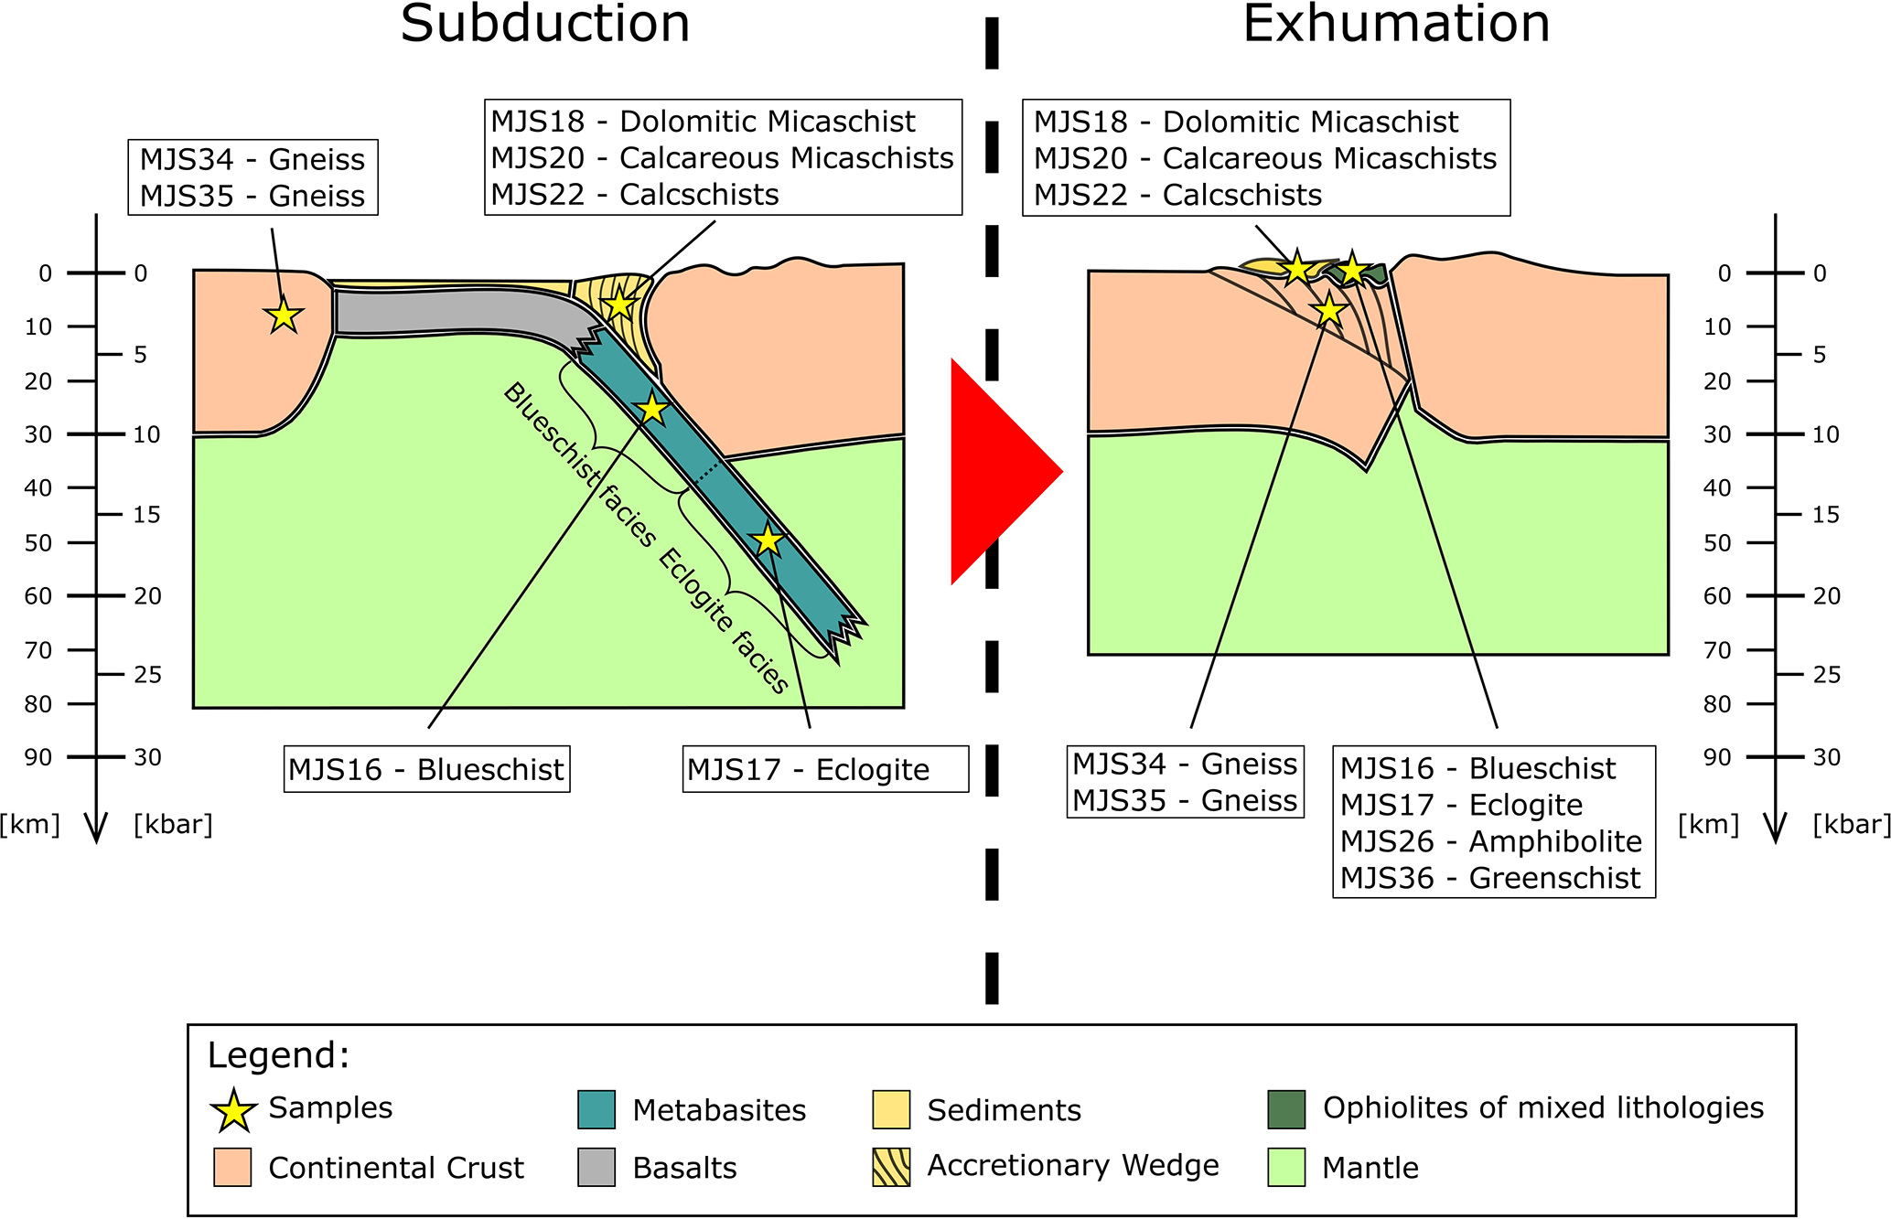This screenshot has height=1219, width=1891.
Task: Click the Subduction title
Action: tap(545, 24)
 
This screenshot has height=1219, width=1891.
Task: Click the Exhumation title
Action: tap(1396, 24)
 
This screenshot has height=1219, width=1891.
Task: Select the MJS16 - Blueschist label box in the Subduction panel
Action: tap(426, 770)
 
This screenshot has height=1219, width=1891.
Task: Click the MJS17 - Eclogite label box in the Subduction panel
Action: tap(825, 770)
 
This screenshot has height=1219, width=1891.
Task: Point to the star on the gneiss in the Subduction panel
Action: tap(284, 315)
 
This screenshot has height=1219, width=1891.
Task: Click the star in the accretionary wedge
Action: tap(619, 305)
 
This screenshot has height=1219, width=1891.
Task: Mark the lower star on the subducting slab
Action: tap(768, 540)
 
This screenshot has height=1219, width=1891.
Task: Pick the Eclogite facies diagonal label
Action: tap(723, 622)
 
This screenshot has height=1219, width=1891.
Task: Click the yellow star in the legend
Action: tap(233, 1110)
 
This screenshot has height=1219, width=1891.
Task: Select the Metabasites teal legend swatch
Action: tap(596, 1109)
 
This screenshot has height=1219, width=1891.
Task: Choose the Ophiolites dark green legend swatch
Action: tap(1286, 1109)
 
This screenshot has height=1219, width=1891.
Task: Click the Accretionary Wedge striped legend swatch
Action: tap(891, 1168)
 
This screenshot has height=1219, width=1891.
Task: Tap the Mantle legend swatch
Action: tap(1286, 1168)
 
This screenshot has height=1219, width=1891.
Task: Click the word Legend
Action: tap(278, 1055)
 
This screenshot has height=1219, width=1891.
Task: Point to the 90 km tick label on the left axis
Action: tap(38, 757)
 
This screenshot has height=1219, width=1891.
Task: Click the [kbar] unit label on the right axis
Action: tap(1851, 825)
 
